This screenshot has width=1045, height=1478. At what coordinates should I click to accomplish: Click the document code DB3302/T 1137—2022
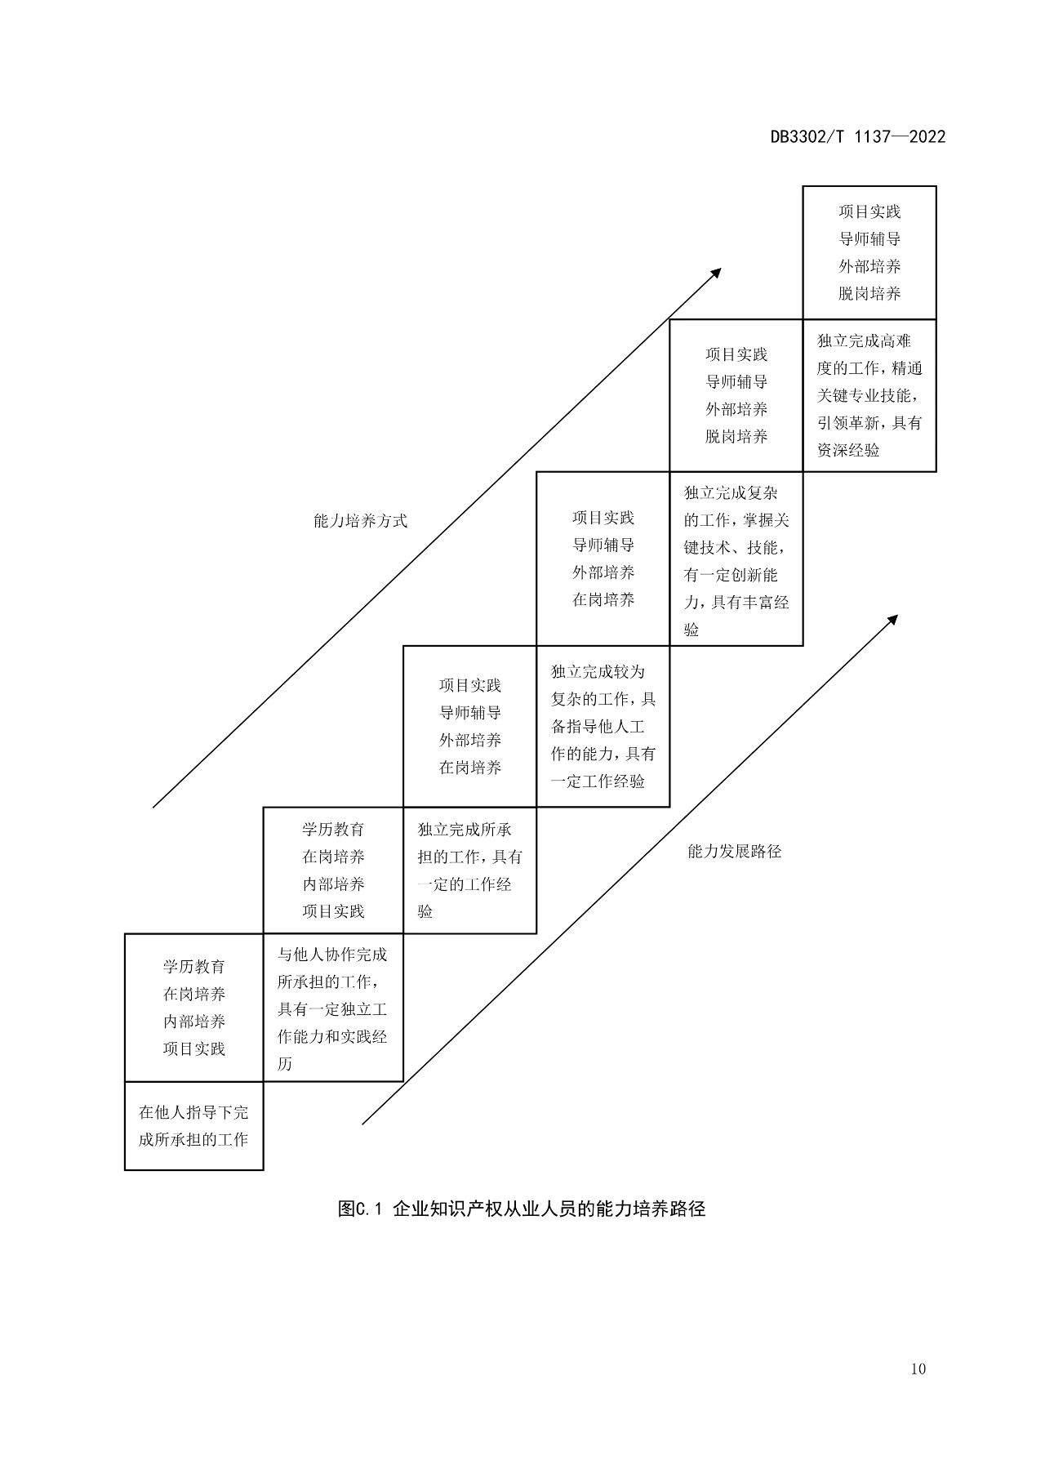pyautogui.click(x=858, y=137)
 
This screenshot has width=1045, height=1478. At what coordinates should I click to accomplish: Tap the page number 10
pyautogui.click(x=918, y=1369)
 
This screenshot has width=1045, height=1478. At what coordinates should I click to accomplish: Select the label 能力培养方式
pyautogui.click(x=360, y=521)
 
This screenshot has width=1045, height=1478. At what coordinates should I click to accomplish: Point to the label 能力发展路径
pyautogui.click(x=735, y=852)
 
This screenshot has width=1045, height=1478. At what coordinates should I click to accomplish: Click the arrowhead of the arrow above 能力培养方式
pyautogui.click(x=716, y=273)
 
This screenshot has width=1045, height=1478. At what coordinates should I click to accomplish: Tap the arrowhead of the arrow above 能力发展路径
pyautogui.click(x=892, y=620)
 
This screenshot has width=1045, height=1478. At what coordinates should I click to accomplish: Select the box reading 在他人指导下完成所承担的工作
pyautogui.click(x=194, y=1126)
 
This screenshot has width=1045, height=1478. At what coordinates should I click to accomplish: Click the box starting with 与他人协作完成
pyautogui.click(x=333, y=1008)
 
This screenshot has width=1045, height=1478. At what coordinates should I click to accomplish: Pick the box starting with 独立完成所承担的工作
pyautogui.click(x=470, y=870)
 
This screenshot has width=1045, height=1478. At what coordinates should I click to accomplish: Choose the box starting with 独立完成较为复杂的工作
pyautogui.click(x=603, y=727)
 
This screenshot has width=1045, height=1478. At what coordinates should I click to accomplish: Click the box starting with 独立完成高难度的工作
pyautogui.click(x=869, y=395)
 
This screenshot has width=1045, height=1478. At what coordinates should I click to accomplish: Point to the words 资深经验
pyautogui.click(x=848, y=450)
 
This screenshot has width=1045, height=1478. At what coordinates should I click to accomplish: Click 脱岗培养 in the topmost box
pyautogui.click(x=869, y=293)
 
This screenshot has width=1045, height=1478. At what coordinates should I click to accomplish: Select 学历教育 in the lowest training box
pyautogui.click(x=194, y=967)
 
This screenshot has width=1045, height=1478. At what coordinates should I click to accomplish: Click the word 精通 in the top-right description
pyautogui.click(x=906, y=368)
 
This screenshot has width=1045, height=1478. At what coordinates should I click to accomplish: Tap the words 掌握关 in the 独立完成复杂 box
pyautogui.click(x=766, y=521)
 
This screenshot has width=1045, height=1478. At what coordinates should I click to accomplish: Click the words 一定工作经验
pyautogui.click(x=598, y=781)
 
